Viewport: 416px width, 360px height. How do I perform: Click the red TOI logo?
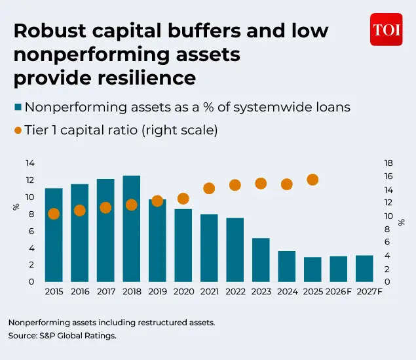[386, 30]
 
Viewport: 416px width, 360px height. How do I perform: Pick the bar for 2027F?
[364, 268]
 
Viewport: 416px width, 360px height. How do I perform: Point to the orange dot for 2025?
[312, 180]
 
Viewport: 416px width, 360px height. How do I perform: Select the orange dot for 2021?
[209, 188]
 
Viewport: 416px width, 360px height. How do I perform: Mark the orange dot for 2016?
[80, 210]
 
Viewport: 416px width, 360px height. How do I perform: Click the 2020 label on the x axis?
[183, 291]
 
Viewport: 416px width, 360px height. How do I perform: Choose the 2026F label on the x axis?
[339, 291]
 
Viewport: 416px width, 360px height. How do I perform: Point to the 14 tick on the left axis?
[30, 163]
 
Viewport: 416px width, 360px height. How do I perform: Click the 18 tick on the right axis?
[388, 163]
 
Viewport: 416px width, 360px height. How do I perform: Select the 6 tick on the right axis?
[388, 242]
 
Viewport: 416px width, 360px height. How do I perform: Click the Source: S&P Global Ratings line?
[62, 336]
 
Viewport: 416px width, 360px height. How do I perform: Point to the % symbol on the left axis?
[16, 207]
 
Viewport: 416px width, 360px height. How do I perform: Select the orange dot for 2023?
[261, 184]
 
